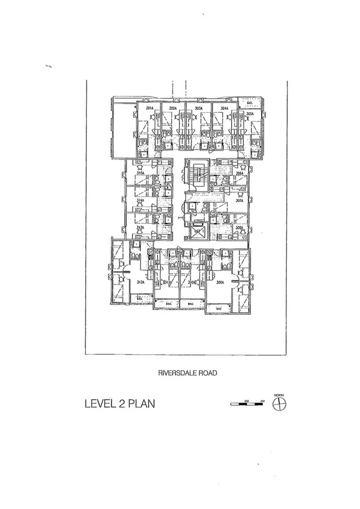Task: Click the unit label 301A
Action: pyautogui.click(x=150, y=109)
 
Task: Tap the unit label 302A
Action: pyautogui.click(x=173, y=109)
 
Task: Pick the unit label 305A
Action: pyautogui.click(x=250, y=113)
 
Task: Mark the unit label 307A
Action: pyautogui.click(x=239, y=201)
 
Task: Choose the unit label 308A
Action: pyautogui.click(x=239, y=228)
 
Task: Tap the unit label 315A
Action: pyautogui.click(x=140, y=173)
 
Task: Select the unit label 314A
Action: pyautogui.click(x=140, y=201)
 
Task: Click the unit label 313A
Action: pyautogui.click(x=140, y=228)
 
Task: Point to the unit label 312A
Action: pyautogui.click(x=140, y=282)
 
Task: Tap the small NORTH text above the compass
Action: pyautogui.click(x=279, y=395)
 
